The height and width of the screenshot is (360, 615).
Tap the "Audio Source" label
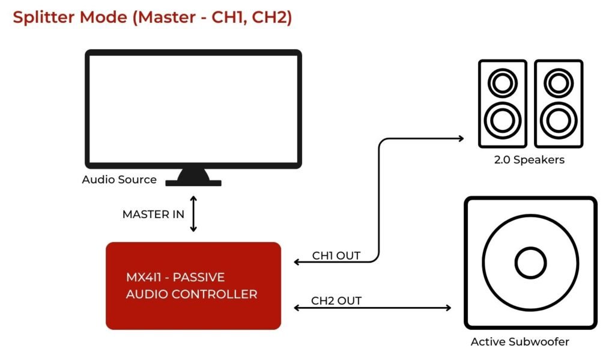tap(119, 180)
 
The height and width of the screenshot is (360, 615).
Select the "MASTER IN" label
tap(153, 215)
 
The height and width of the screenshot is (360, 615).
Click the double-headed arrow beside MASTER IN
tap(193, 213)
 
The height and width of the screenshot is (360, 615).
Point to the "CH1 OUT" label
tap(336, 255)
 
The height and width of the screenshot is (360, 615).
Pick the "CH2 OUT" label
tap(336, 300)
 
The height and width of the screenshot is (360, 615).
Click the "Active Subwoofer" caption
tap(520, 342)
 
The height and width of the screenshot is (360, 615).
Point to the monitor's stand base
tap(193, 182)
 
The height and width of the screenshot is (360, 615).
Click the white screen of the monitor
tap(193, 108)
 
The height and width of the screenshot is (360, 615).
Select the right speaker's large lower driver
tap(558, 120)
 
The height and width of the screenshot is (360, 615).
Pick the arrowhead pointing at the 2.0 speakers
tap(461, 138)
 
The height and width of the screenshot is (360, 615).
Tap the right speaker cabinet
tap(558, 103)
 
